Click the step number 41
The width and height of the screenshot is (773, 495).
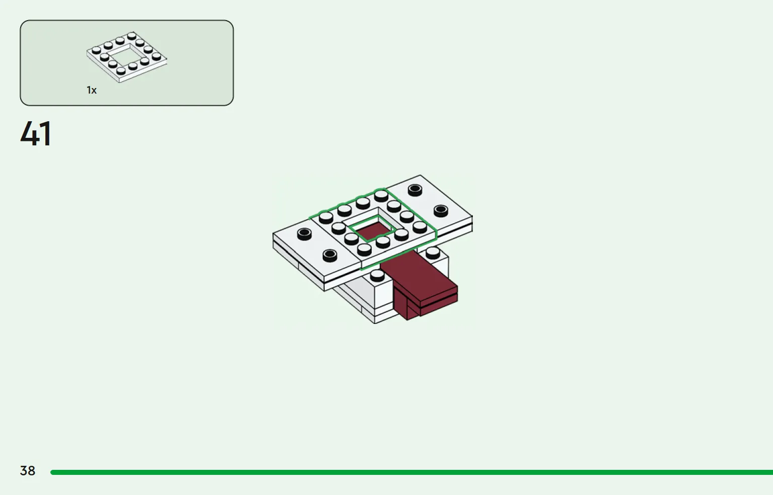[36, 133]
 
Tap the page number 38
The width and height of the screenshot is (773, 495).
[28, 470]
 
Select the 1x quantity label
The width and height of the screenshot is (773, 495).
[92, 91]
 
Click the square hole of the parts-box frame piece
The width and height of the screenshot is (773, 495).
[125, 55]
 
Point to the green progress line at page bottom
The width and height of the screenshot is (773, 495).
[412, 472]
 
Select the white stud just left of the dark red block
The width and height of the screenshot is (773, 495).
[377, 275]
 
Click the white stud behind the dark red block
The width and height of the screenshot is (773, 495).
[433, 253]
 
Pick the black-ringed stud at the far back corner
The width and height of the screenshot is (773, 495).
[415, 190]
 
